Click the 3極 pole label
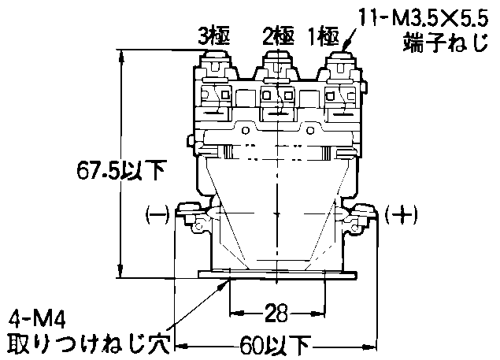213,36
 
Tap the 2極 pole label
278,36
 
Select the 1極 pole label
324,36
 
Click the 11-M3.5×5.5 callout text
424,18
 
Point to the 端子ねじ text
446,43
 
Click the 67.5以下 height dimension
120,170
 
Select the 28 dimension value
276,313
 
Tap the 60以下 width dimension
275,345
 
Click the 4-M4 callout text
37,319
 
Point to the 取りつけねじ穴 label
88,344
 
